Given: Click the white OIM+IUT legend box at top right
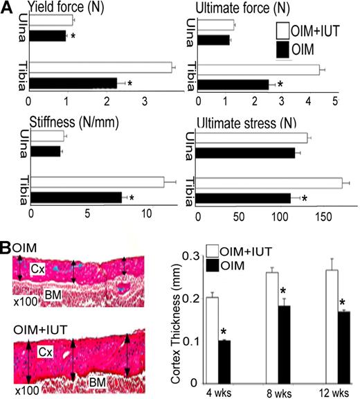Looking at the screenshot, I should click(x=283, y=31).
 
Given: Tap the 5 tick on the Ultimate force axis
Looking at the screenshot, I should click(x=334, y=101).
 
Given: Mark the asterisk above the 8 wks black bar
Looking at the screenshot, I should click(x=283, y=290).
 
